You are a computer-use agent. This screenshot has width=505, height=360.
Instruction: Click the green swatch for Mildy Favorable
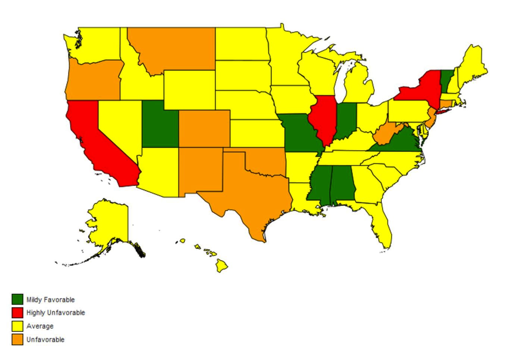[17, 299]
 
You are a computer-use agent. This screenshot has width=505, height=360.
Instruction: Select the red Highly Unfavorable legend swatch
[17, 313]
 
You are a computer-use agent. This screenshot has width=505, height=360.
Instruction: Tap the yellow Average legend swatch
[17, 326]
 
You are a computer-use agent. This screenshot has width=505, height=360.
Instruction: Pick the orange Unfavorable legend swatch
[17, 340]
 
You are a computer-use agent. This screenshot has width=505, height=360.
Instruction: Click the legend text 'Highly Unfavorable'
[56, 313]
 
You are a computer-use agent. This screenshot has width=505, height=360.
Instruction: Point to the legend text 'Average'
[40, 326]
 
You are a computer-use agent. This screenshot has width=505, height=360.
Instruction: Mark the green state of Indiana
[346, 119]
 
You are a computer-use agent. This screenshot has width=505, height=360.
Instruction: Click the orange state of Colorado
[204, 129]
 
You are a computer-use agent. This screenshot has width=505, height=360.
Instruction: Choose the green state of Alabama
[342, 184]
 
